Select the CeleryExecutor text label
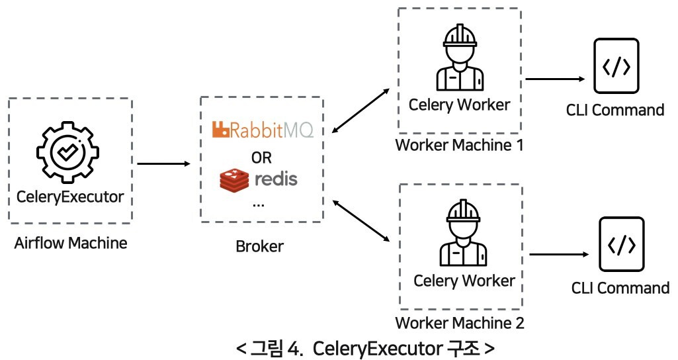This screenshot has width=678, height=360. tap(70, 197)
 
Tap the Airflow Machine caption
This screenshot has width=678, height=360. tap(70, 243)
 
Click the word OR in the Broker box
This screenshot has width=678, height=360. tap(261, 157)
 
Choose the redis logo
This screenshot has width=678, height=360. tap(259, 179)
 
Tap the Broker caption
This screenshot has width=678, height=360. tap(259, 247)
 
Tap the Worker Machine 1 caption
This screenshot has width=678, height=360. tap(458, 145)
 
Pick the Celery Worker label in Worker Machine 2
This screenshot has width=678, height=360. tap(464, 281)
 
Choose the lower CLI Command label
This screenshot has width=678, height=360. tap(620, 289)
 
